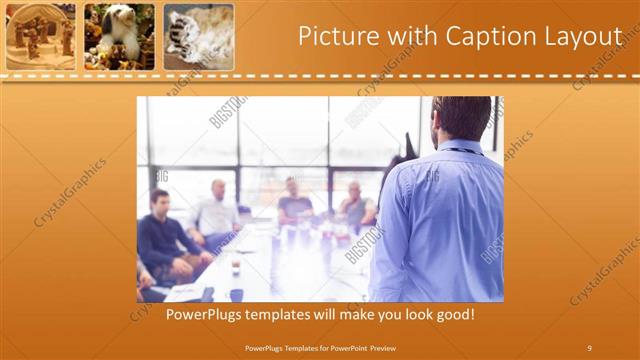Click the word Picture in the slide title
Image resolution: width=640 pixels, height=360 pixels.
(x=336, y=36)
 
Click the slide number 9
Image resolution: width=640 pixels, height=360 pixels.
(x=589, y=347)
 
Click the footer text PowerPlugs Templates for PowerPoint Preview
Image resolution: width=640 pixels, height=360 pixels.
(x=319, y=347)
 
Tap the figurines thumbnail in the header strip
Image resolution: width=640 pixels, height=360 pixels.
(x=40, y=36)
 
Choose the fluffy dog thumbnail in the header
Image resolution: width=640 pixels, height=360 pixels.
(x=119, y=36)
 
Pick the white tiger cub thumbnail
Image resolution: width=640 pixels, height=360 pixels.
(x=198, y=36)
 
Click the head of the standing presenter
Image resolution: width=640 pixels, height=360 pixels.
(x=461, y=118)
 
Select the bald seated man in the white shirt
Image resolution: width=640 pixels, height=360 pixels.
(x=217, y=212)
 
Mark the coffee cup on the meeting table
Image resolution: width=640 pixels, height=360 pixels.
(x=235, y=265)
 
